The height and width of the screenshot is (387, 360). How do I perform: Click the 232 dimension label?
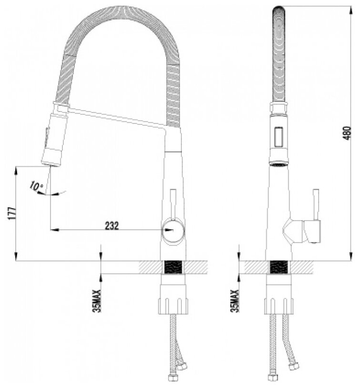pos(112,225)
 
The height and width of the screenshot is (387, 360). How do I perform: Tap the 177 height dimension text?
pos(12,213)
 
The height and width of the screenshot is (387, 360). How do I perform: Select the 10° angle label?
pos(36,186)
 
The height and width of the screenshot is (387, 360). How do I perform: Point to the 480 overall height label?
pos(347,133)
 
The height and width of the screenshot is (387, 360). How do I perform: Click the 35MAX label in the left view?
pos(97,301)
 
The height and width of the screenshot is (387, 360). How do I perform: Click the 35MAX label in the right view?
pos(235,301)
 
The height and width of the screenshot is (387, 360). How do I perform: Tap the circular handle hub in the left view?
pos(173,230)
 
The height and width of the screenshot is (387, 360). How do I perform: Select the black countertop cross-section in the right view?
pos(279,267)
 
